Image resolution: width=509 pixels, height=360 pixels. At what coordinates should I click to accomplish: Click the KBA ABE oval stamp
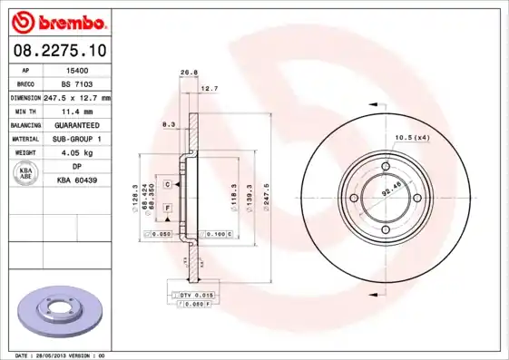27,175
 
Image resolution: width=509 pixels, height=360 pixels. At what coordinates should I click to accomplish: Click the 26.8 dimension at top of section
189,73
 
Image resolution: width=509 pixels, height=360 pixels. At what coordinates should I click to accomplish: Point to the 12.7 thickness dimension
210,89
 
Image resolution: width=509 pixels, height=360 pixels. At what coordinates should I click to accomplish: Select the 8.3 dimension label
169,123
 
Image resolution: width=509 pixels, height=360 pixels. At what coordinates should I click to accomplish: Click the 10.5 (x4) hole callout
413,137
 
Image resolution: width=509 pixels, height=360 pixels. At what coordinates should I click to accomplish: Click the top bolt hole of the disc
386,167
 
